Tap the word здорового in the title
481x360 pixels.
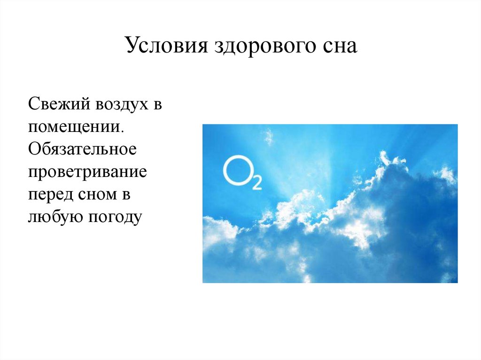coord(265,46)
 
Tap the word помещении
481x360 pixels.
coord(74,128)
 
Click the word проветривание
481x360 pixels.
coord(87,173)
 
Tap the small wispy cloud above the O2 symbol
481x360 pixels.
coord(268,137)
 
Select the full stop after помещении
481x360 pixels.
coord(123,131)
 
